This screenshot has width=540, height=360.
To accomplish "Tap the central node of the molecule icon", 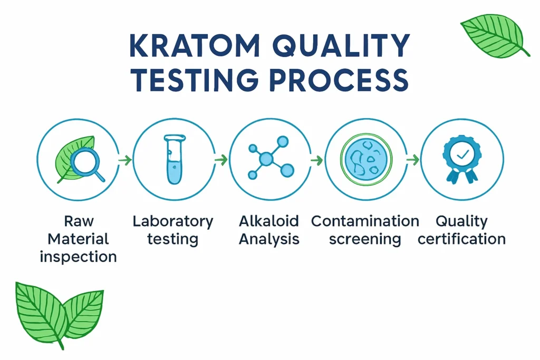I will click(266, 158).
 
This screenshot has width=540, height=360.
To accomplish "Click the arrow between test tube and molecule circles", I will click(221, 159).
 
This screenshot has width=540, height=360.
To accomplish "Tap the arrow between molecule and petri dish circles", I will click(316, 159).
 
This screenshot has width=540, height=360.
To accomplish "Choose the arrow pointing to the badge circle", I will click(412, 159).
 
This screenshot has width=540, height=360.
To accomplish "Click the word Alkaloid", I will click(269, 221).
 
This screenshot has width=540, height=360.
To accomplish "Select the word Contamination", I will click(365, 221).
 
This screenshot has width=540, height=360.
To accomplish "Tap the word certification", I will click(461, 239).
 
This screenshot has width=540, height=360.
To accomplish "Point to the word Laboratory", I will click(173, 221).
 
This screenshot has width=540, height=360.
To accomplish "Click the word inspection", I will click(78, 257).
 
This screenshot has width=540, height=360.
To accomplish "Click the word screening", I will click(365, 239).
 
